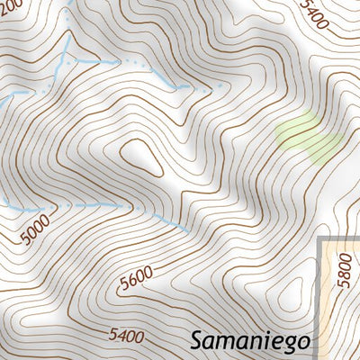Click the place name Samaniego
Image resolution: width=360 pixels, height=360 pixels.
(249, 341)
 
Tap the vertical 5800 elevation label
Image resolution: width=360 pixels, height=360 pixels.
(342, 266)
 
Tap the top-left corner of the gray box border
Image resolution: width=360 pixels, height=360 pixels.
(321, 237)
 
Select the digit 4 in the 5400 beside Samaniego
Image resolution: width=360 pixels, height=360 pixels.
(121, 337)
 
